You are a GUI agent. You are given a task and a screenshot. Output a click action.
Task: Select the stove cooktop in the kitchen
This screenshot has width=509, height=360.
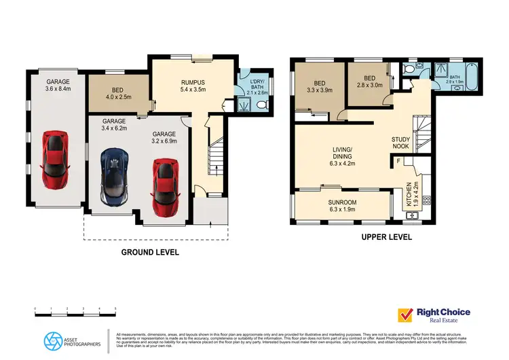426,200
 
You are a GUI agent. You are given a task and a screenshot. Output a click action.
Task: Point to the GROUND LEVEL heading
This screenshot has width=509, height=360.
150,252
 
